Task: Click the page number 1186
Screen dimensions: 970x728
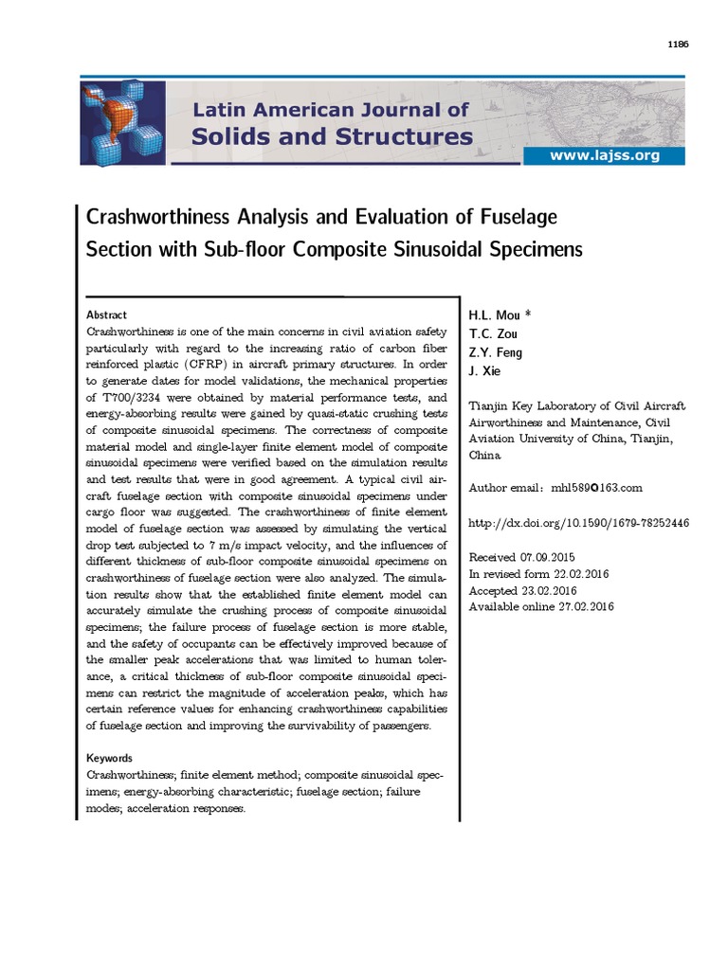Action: coord(680,43)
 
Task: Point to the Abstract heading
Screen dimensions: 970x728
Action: coord(106,315)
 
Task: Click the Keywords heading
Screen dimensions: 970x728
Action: coord(110,758)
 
